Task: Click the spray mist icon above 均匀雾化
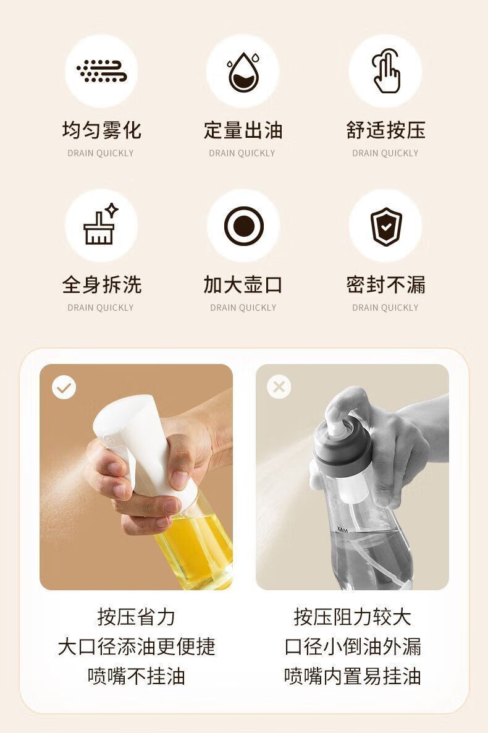101,71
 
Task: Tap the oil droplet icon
243,72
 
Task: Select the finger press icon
385,71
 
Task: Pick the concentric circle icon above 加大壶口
243,226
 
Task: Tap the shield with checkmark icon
385,226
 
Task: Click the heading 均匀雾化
101,130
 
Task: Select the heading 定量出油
243,130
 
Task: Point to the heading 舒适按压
385,130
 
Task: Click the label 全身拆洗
101,285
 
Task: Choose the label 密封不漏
385,285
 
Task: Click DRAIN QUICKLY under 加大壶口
243,308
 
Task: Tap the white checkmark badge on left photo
64,388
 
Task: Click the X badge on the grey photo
279,387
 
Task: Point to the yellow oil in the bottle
199,547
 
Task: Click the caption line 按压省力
136,617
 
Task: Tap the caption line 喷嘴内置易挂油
353,676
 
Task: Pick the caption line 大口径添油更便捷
136,646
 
